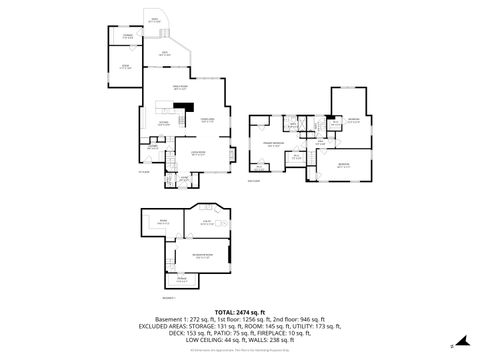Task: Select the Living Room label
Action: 198,153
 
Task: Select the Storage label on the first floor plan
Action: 128,37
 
